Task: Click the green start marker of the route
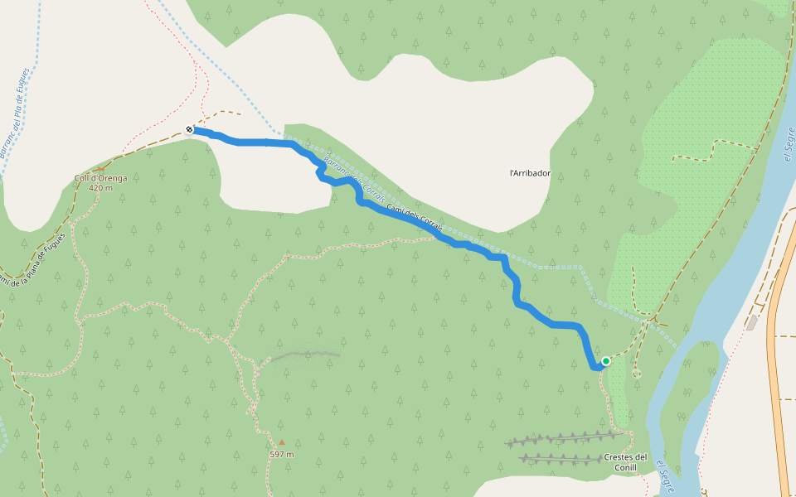point(606,360)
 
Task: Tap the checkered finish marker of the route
point(190,129)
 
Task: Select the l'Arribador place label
point(530,173)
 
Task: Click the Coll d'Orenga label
point(100,178)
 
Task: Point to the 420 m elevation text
point(100,188)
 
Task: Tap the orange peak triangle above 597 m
point(282,442)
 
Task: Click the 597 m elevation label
point(282,454)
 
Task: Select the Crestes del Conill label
point(625,462)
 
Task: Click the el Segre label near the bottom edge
point(664,477)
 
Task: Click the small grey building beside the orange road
point(751,322)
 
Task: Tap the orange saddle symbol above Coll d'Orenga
point(100,168)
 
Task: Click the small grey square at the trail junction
point(648,321)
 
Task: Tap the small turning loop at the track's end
point(637,374)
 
